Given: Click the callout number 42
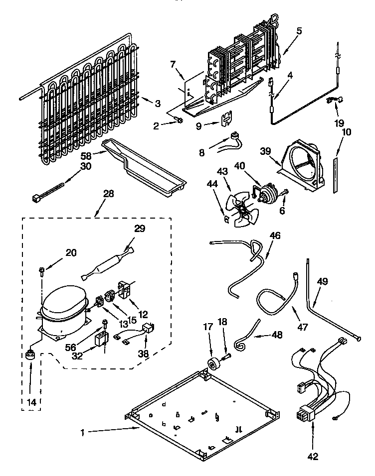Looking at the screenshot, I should coord(312,457).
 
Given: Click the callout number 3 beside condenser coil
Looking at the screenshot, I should coord(158,104).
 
